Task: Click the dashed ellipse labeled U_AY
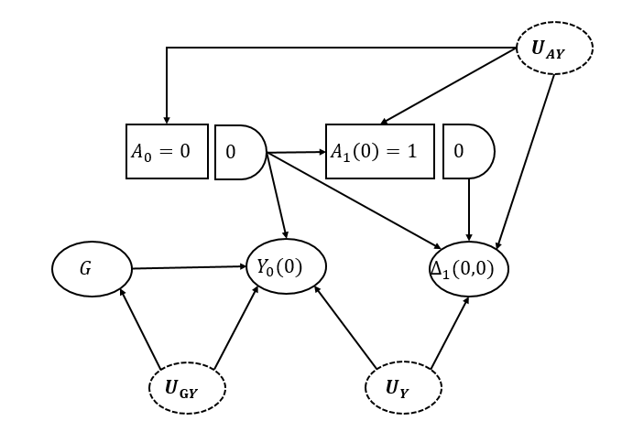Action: pos(555,48)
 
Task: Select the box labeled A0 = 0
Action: pos(166,150)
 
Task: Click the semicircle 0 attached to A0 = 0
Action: pos(238,151)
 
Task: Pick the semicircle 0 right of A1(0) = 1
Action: pos(467,151)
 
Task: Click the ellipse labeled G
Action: pos(92,269)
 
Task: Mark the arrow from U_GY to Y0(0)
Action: pos(233,329)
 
